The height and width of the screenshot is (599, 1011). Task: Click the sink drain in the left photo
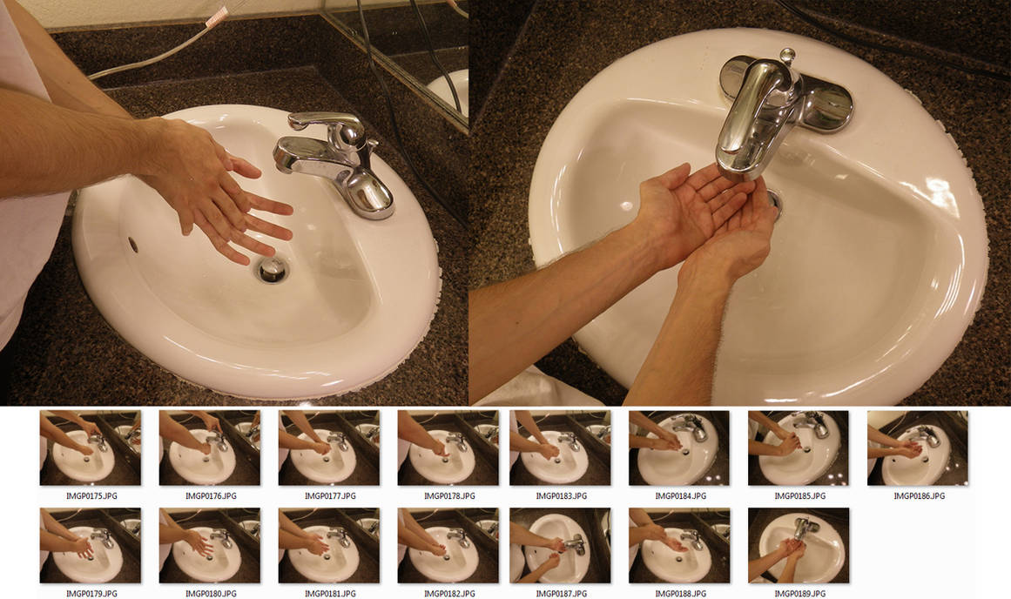tap(273, 270)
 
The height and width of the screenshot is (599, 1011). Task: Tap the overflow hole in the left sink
tap(133, 245)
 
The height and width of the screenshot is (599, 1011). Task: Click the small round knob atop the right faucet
tap(787, 57)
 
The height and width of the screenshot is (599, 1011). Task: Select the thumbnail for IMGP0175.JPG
tap(90, 448)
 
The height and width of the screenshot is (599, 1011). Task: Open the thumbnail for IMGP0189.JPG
tap(798, 546)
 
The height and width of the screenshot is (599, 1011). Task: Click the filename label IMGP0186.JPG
tap(918, 496)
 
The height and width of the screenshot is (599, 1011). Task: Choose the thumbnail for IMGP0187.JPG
tap(560, 546)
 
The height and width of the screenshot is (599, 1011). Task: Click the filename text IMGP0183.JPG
tap(560, 496)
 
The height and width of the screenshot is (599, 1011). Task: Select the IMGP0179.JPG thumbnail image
tap(90, 546)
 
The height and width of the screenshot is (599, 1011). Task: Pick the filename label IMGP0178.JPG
tap(448, 496)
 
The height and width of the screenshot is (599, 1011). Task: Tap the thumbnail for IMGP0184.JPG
tap(679, 448)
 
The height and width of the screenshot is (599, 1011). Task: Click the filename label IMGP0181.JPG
tap(328, 594)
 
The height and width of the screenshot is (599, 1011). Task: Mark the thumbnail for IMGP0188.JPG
tap(679, 546)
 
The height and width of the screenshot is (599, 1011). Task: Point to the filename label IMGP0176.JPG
tap(209, 496)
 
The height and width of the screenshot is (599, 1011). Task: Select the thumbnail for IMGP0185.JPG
tap(798, 448)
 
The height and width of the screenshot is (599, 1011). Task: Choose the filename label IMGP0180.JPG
tap(209, 594)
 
